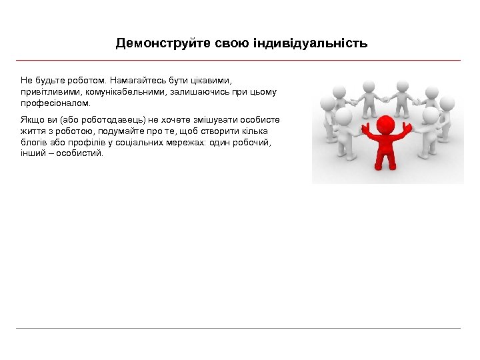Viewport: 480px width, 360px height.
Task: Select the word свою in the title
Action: click(x=233, y=43)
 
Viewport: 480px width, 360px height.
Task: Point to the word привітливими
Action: click(x=50, y=93)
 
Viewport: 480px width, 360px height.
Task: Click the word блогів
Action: click(x=33, y=143)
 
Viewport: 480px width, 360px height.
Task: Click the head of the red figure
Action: click(x=385, y=125)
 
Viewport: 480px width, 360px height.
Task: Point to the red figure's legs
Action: click(x=383, y=160)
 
